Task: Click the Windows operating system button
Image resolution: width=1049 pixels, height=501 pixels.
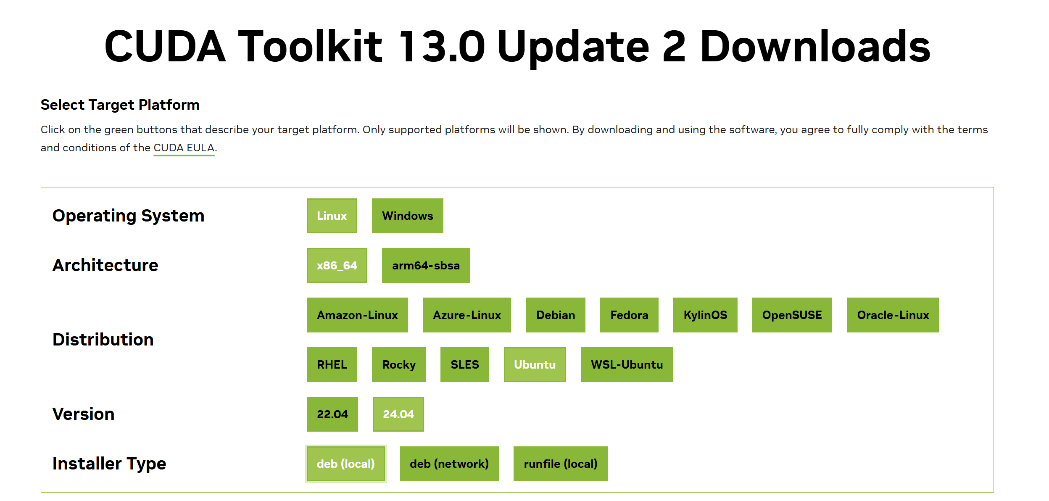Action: [407, 216]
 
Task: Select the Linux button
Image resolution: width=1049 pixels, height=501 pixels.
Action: [332, 216]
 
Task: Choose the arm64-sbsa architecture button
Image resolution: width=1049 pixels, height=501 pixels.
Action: [425, 265]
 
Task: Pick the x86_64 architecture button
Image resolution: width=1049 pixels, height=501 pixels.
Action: [337, 265]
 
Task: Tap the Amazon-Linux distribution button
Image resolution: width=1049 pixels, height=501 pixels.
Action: [357, 315]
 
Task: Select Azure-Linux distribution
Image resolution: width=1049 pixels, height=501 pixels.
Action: [467, 315]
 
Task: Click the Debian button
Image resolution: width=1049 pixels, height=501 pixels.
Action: [555, 315]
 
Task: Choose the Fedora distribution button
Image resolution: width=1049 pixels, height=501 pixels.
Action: [629, 315]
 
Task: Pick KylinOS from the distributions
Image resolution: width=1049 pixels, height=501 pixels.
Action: [705, 315]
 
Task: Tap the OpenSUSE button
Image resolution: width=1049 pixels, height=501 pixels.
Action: [792, 315]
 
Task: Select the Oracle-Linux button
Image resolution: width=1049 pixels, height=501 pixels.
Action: [893, 315]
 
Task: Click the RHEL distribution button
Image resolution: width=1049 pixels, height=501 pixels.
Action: [332, 364]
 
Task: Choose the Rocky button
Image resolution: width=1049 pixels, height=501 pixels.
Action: [398, 364]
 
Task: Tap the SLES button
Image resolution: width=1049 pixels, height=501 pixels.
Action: [464, 364]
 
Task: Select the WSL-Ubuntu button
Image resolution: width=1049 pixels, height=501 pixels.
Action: [627, 364]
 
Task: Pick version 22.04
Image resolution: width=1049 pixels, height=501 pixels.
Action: [332, 414]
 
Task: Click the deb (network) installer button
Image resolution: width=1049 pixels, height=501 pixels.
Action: [449, 464]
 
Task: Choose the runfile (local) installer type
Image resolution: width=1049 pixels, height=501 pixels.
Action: [560, 464]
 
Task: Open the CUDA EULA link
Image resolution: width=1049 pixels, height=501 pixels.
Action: [184, 148]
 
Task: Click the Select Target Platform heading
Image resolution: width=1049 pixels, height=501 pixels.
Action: [120, 105]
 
